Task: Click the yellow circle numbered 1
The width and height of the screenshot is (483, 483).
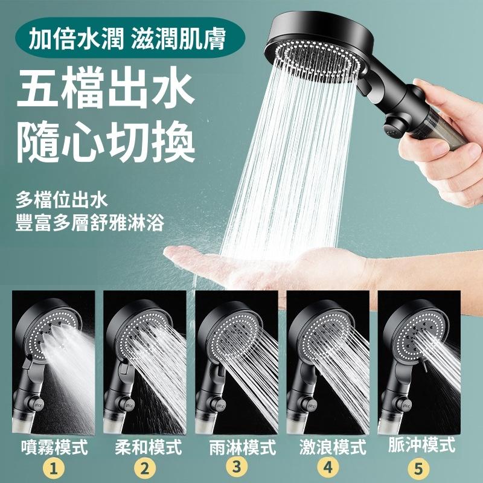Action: (x=54, y=470)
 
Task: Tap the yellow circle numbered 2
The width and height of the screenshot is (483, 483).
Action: (x=145, y=469)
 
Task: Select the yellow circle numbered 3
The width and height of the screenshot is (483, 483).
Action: (x=236, y=467)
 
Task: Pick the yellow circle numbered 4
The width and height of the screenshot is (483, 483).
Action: (x=328, y=467)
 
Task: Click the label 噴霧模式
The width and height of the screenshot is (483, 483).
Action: (x=55, y=447)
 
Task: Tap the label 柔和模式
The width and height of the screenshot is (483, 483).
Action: (x=149, y=447)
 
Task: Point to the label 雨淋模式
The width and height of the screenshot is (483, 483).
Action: (x=243, y=447)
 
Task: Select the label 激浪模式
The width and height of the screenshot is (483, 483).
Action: (x=333, y=447)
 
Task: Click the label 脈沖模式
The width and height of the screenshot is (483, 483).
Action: (x=421, y=445)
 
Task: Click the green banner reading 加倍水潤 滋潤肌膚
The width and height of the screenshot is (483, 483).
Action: (x=130, y=38)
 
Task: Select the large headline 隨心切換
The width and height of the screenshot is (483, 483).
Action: (x=106, y=142)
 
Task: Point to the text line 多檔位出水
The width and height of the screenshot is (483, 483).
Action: (x=62, y=200)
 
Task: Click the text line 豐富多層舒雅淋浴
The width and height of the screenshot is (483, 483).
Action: (x=89, y=223)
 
